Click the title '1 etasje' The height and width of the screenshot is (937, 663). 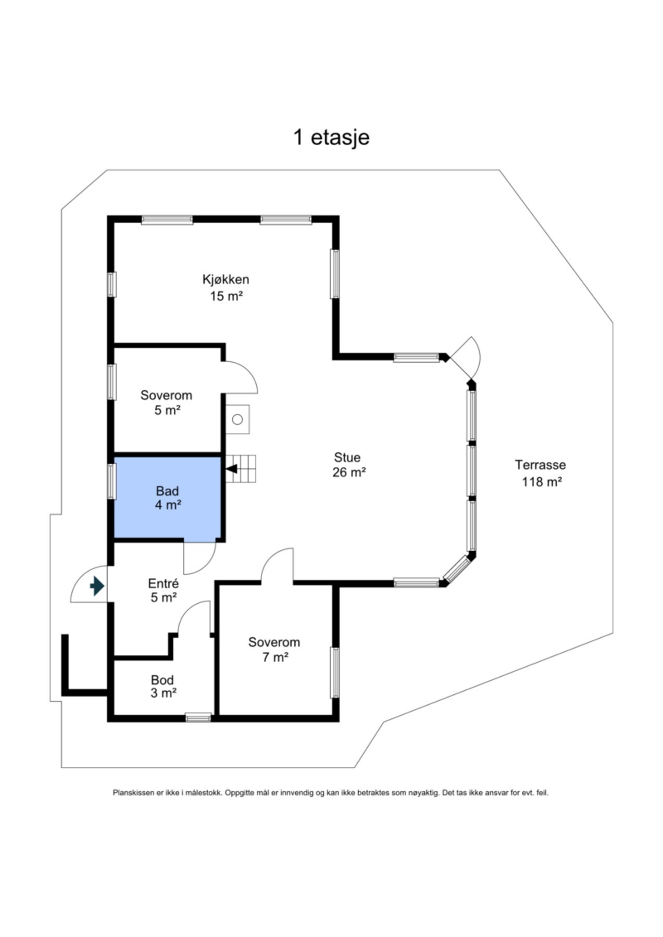pyautogui.click(x=331, y=137)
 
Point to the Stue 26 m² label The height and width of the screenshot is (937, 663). pyautogui.click(x=348, y=465)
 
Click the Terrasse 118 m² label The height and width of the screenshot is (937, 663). pyautogui.click(x=541, y=473)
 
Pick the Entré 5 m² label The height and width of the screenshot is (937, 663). pyautogui.click(x=164, y=590)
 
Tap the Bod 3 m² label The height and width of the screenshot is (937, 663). pyautogui.click(x=163, y=686)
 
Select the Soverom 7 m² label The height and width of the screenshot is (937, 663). pyautogui.click(x=274, y=650)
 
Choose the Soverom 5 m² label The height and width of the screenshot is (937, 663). pyautogui.click(x=166, y=402)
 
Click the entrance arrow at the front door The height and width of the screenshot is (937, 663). pyautogui.click(x=97, y=586)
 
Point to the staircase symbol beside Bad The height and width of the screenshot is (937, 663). pyautogui.click(x=241, y=468)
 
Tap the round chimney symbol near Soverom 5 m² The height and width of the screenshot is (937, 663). pyautogui.click(x=237, y=419)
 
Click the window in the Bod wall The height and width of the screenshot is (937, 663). pyautogui.click(x=198, y=718)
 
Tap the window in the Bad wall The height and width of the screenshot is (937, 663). pyautogui.click(x=111, y=482)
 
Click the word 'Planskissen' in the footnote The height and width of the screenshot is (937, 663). pyautogui.click(x=133, y=793)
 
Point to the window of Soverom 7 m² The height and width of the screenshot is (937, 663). pyautogui.click(x=335, y=673)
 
